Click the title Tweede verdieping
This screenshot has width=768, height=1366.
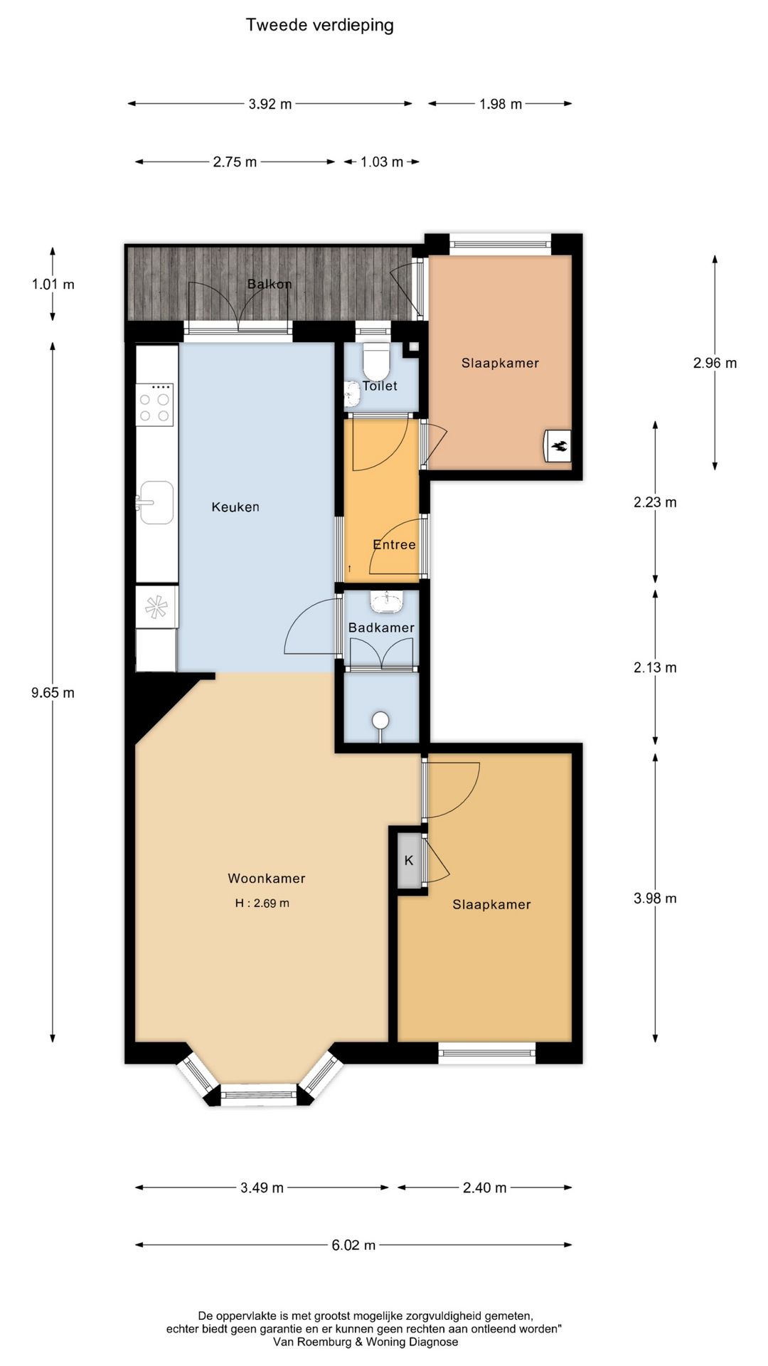319,26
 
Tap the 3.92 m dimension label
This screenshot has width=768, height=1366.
270,104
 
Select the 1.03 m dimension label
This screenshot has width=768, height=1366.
381,162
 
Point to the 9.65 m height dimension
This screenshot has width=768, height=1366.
53,693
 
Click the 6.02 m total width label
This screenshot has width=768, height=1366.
353,1245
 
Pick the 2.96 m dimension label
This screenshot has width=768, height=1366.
715,363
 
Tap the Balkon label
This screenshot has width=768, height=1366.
270,284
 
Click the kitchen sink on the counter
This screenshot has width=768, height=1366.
156,502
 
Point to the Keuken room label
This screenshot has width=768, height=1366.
235,507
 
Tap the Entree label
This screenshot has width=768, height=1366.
394,544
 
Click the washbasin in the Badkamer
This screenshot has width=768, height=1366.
385,602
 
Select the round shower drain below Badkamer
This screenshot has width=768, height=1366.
382,721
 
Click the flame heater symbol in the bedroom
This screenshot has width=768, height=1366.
559,446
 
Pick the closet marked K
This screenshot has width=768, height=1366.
409,861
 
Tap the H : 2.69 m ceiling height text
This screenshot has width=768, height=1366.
262,904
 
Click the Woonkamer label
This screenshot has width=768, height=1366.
267,879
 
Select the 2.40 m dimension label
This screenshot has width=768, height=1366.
484,1187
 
